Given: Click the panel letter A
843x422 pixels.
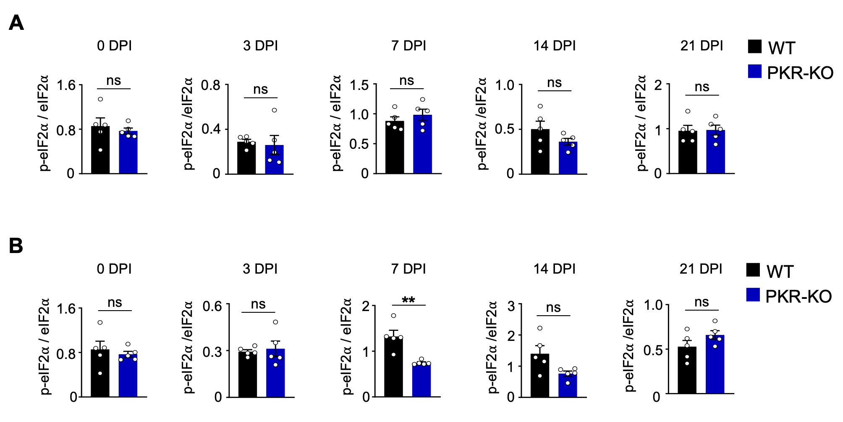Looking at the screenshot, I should point(16,23).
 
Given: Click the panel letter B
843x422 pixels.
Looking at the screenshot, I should point(16,246).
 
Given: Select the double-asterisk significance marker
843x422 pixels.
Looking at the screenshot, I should point(408,300).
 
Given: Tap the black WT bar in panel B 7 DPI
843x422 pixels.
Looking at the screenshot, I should point(393,366).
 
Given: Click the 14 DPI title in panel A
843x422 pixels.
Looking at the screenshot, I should point(554,46).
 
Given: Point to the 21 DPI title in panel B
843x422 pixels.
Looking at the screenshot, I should point(701,269).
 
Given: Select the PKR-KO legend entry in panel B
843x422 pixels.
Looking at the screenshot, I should point(789,296).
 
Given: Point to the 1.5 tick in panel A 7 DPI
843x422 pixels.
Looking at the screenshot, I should point(359,85).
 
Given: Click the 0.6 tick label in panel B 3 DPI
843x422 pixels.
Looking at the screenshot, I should point(212,306).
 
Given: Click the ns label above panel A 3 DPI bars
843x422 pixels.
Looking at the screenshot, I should point(260,90).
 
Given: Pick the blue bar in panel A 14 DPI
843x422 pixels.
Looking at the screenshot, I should point(568,158).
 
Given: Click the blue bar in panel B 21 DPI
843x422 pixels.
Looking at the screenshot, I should point(715,364).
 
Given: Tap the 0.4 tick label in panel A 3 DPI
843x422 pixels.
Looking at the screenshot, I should point(211,129).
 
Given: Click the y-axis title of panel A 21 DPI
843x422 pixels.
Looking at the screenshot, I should point(641,123).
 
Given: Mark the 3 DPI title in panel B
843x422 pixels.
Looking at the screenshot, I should point(260,269).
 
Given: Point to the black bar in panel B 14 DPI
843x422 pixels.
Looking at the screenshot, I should point(540,375).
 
